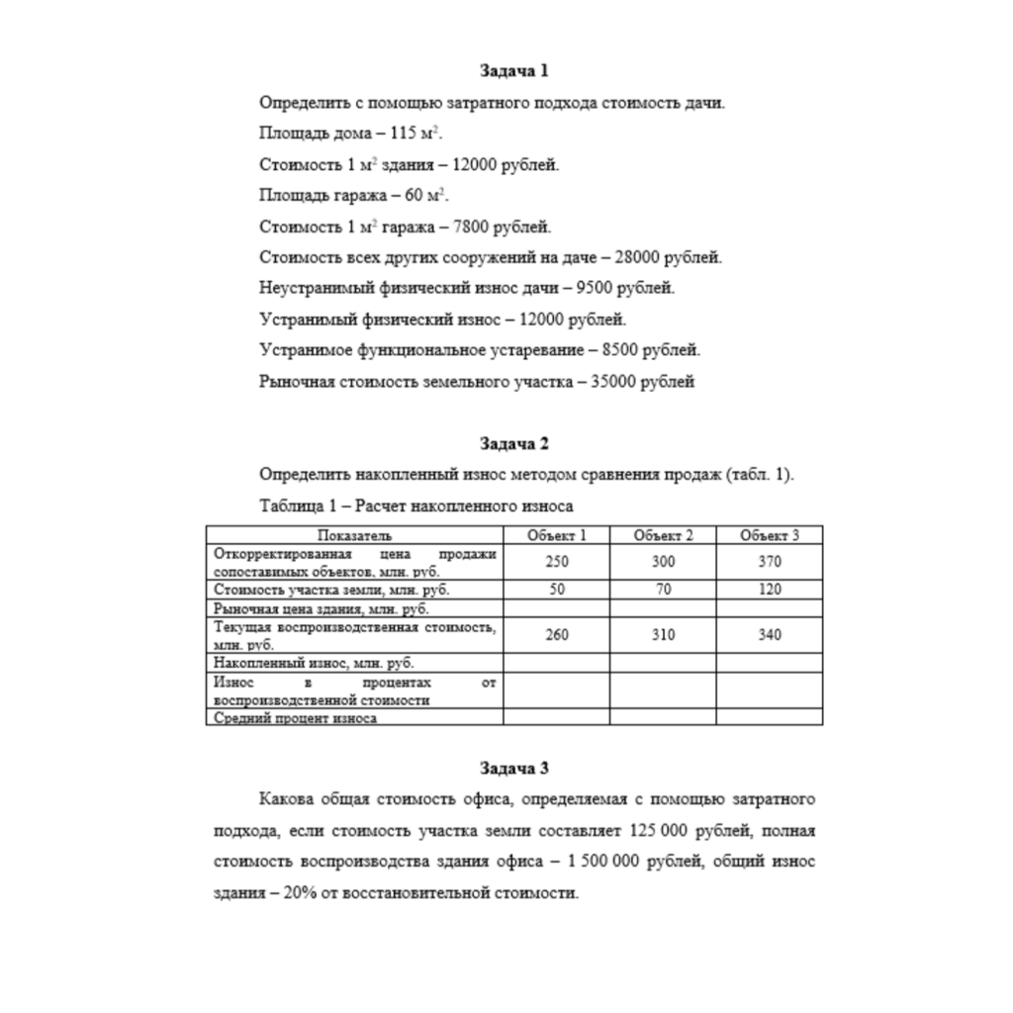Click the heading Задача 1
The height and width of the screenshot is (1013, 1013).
[x=513, y=71]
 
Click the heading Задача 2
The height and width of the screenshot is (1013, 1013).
[x=513, y=443]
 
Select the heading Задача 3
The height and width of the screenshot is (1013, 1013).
[x=513, y=768]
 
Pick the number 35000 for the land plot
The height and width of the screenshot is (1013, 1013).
[x=610, y=382]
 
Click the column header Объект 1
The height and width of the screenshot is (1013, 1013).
[x=557, y=535]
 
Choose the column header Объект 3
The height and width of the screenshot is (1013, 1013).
[x=770, y=535]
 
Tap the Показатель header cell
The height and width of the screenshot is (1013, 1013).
[x=354, y=535]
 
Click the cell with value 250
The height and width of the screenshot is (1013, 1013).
[x=557, y=562]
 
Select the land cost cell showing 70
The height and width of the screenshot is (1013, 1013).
[x=663, y=590]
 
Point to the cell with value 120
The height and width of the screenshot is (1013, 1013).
[x=770, y=590]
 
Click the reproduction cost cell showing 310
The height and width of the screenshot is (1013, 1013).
[x=663, y=635]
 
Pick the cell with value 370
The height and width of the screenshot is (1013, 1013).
[x=770, y=562]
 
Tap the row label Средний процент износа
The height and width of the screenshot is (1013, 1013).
[x=295, y=718]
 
